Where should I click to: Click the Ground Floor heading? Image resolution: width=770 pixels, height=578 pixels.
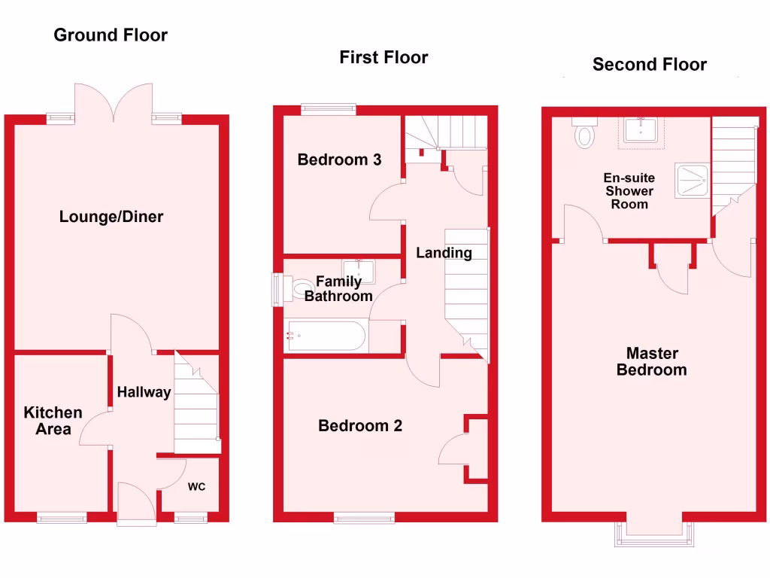111,35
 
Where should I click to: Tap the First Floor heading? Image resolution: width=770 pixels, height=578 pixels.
383,57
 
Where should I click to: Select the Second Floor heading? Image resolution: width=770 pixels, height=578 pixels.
649,64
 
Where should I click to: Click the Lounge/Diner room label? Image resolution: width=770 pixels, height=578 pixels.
111,217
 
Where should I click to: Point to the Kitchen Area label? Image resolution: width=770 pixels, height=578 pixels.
53,420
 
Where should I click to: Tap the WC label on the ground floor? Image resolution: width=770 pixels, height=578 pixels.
196,487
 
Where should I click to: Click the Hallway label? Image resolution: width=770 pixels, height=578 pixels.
144,392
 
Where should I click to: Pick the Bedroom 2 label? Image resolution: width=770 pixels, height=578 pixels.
360,426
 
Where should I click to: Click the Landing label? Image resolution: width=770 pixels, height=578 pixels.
444,253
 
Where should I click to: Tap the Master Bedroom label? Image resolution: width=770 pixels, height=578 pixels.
651,361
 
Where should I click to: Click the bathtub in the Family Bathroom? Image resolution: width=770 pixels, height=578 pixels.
327,336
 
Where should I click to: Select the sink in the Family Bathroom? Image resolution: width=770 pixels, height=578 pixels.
359,270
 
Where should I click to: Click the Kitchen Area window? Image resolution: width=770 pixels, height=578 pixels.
62,517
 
